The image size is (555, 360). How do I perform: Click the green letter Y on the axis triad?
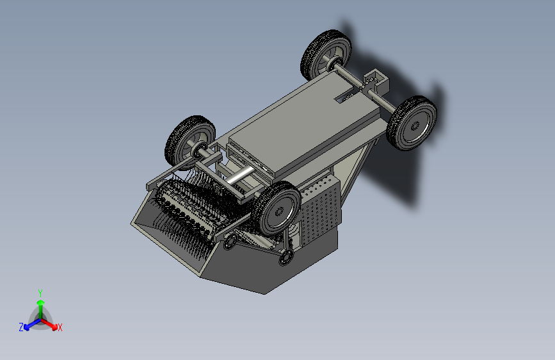point(40,293)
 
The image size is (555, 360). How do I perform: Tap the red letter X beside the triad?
point(60,327)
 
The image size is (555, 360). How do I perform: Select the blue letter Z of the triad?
point(21,327)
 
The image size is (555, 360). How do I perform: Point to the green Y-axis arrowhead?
point(41,303)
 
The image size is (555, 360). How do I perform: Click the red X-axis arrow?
point(49,323)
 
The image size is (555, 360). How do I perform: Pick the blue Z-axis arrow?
point(33,324)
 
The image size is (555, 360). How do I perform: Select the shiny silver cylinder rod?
point(240,175)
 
